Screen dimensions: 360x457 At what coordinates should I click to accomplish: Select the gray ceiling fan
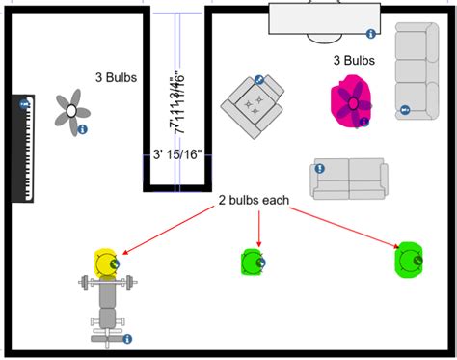pyautogui.click(x=70, y=112)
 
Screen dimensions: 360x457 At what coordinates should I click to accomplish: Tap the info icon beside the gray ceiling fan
pyautogui.click(x=83, y=129)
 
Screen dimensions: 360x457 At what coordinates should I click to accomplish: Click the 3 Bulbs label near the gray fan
pyautogui.click(x=115, y=77)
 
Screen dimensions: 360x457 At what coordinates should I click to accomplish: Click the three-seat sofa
pyautogui.click(x=416, y=72)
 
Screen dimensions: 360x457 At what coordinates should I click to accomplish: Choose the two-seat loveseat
pyautogui.click(x=348, y=179)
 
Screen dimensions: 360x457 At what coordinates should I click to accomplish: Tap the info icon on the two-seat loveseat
pyautogui.click(x=319, y=168)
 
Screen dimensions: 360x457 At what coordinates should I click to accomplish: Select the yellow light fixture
pyautogui.click(x=106, y=261)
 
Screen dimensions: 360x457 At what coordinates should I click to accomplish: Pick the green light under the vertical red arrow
pyautogui.click(x=253, y=261)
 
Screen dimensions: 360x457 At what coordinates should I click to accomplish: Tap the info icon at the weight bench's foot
pyautogui.click(x=127, y=339)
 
